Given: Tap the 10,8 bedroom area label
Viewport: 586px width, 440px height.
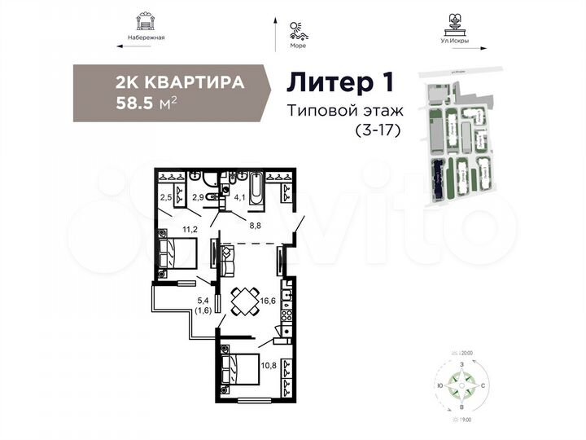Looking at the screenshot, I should pos(269,354).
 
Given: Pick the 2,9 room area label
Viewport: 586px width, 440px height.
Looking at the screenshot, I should pos(198,196).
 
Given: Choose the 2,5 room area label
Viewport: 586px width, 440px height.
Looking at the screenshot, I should pos(166,196).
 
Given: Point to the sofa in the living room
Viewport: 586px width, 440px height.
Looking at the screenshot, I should pos(225,260).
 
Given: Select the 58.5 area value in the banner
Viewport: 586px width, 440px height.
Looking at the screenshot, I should pos(137,103).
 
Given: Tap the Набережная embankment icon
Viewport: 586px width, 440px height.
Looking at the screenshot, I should pos(146,20).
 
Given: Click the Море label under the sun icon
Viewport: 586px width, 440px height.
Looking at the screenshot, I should pos(297,46).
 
